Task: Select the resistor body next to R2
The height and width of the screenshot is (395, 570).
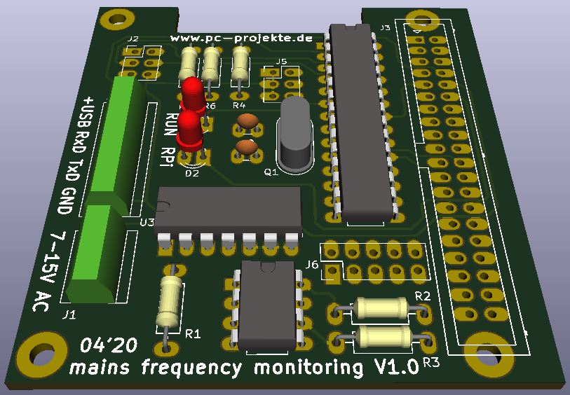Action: (x=381, y=307)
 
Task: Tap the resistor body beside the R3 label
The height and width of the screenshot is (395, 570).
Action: (x=384, y=337)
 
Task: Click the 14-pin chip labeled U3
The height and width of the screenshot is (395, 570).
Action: (x=229, y=211)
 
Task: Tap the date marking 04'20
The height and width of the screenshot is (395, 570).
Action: (x=109, y=347)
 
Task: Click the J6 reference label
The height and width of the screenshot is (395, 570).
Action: (x=312, y=264)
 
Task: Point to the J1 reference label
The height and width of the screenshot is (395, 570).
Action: (x=69, y=315)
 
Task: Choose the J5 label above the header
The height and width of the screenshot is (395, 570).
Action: (x=281, y=62)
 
